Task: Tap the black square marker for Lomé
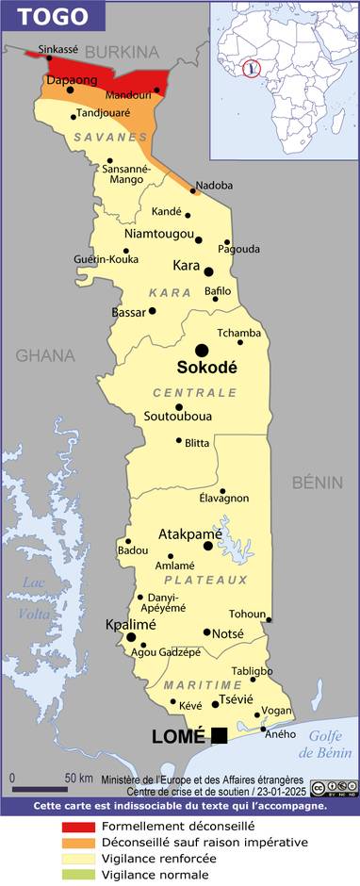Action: coord(220,735)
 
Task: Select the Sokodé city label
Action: coord(207,367)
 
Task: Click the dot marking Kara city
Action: coord(209,271)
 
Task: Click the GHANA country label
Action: coord(44,355)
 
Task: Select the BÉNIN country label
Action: coord(317,483)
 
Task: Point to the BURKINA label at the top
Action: coord(122,52)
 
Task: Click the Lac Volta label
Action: coord(34,599)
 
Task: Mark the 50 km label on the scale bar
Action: coord(78,778)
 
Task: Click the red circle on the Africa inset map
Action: coord(251,68)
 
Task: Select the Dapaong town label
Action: coord(72,81)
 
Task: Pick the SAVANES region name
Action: coord(101,138)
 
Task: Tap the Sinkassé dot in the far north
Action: coord(50,57)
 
